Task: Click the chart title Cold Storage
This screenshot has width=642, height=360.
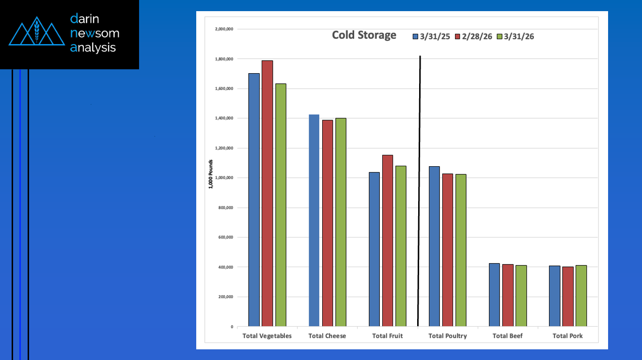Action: pos(364,35)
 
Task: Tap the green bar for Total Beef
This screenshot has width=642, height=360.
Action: pos(521,296)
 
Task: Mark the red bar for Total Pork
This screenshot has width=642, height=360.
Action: pos(568,297)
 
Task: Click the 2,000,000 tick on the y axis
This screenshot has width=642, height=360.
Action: pos(224,29)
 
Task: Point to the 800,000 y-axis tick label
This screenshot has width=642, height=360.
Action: pos(226,208)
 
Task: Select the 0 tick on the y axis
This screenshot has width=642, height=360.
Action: pos(232,327)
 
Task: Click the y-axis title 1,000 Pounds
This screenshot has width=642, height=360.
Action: pos(211,174)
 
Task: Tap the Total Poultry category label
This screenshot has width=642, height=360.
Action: pos(448,336)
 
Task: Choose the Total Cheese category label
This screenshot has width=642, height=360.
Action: pos(327,336)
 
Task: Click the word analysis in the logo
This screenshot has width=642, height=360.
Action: pos(93,47)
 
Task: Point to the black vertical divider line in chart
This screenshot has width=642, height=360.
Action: pos(419,194)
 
